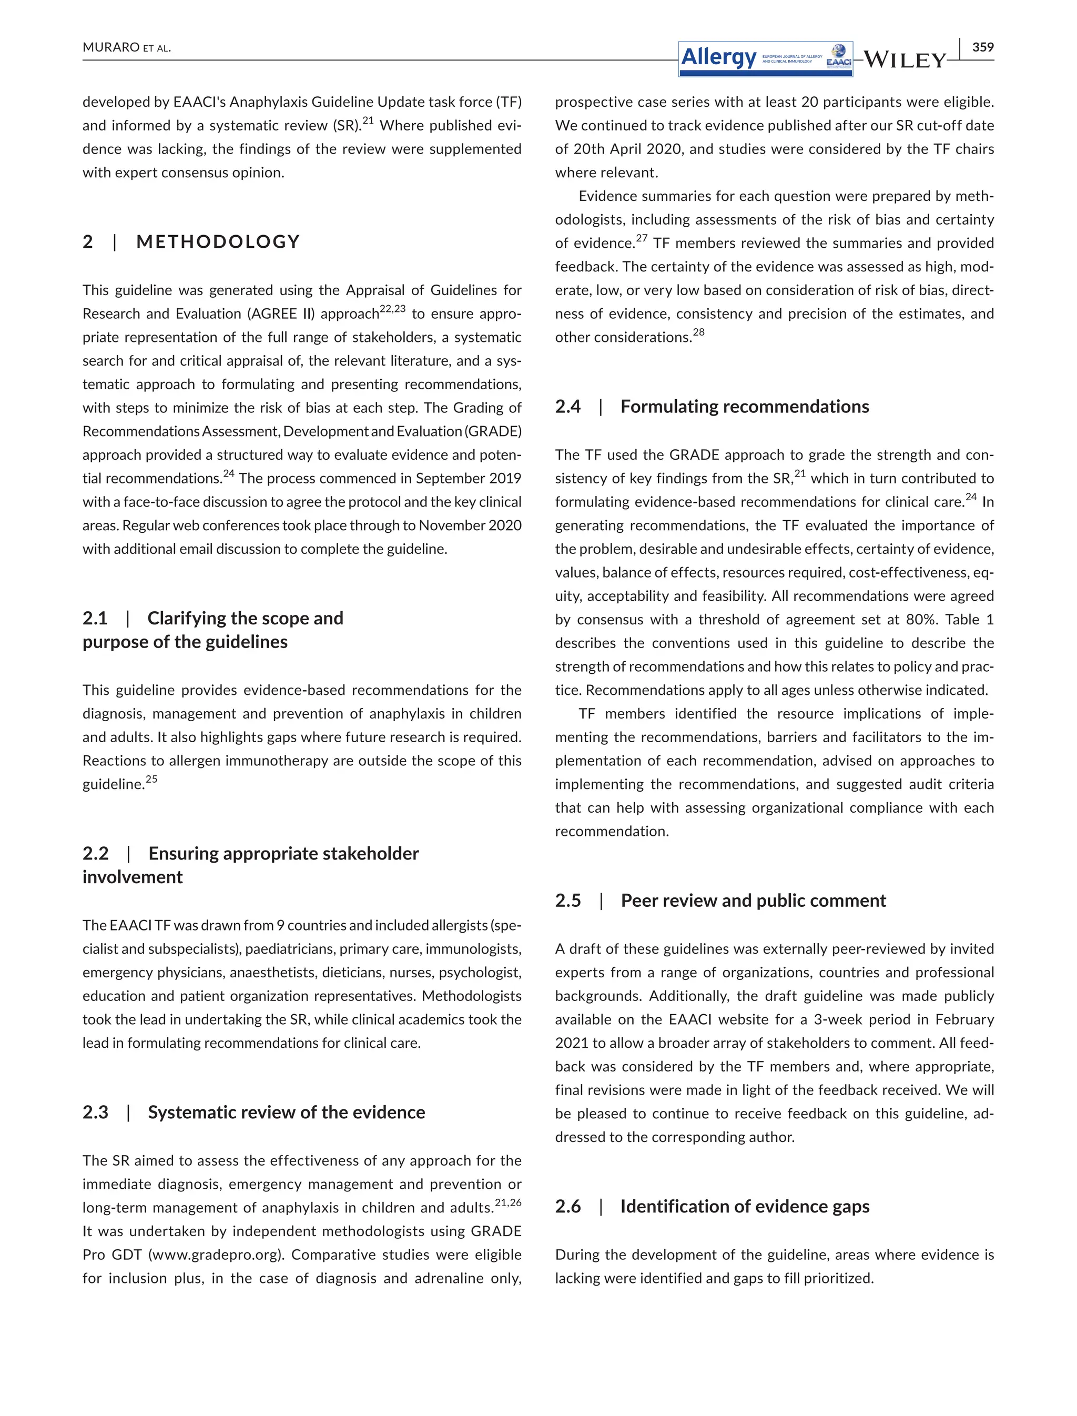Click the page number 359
pos(983,47)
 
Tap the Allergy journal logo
pos(766,59)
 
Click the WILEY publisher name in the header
pos(905,60)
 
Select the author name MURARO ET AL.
pos(126,47)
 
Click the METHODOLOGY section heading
pos(218,242)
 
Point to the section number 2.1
pos(95,618)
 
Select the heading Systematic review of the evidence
pos(286,1112)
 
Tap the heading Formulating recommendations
pos(744,407)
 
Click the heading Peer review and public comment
pos(753,901)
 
